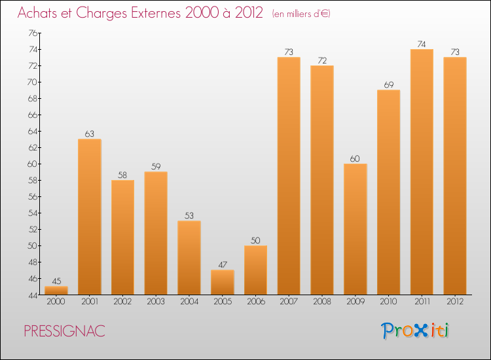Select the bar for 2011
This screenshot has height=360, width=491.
(x=422, y=171)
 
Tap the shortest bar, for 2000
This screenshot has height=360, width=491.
(x=56, y=290)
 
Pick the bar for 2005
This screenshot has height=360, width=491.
(x=223, y=282)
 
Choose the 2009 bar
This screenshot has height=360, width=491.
(x=355, y=228)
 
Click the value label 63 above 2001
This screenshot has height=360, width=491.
(x=90, y=134)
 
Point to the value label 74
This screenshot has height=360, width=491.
(x=422, y=45)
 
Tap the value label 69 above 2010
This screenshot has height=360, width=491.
(x=389, y=85)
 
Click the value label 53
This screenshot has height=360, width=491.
(x=189, y=216)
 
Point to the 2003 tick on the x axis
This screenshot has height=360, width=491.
(x=156, y=302)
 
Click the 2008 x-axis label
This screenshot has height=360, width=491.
(x=322, y=302)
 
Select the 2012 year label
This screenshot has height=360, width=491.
(x=455, y=302)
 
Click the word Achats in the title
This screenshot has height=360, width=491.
(x=41, y=13)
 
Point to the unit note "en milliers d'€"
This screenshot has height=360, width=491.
(x=301, y=14)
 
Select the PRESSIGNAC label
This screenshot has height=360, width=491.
(x=64, y=331)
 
